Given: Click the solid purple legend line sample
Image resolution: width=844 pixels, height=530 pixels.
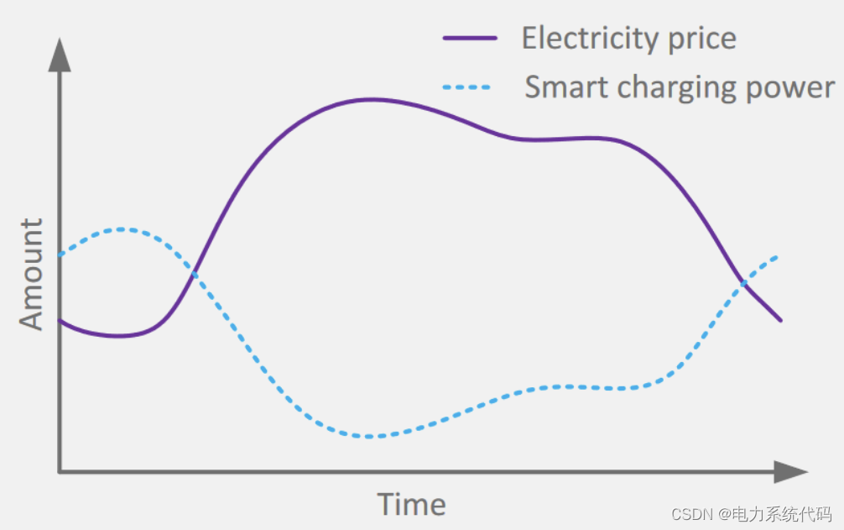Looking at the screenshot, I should click(470, 39).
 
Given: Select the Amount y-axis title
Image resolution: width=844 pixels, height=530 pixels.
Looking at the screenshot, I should click(31, 275).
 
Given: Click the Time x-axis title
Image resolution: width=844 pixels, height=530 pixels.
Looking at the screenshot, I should click(411, 505).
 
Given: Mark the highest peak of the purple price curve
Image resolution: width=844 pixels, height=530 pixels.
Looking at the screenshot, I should click(370, 99).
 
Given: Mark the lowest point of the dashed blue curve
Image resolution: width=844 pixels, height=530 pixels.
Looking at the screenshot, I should click(370, 437).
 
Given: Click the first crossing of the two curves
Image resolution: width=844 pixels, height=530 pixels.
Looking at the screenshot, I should click(194, 271).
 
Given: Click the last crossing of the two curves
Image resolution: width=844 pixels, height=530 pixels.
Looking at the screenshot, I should click(742, 283).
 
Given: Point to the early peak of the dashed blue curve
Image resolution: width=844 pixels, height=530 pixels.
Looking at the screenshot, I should click(122, 228).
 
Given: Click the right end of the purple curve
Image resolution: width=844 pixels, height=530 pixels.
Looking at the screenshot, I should click(781, 320).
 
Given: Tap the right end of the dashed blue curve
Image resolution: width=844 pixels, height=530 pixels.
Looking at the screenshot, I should click(778, 255).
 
